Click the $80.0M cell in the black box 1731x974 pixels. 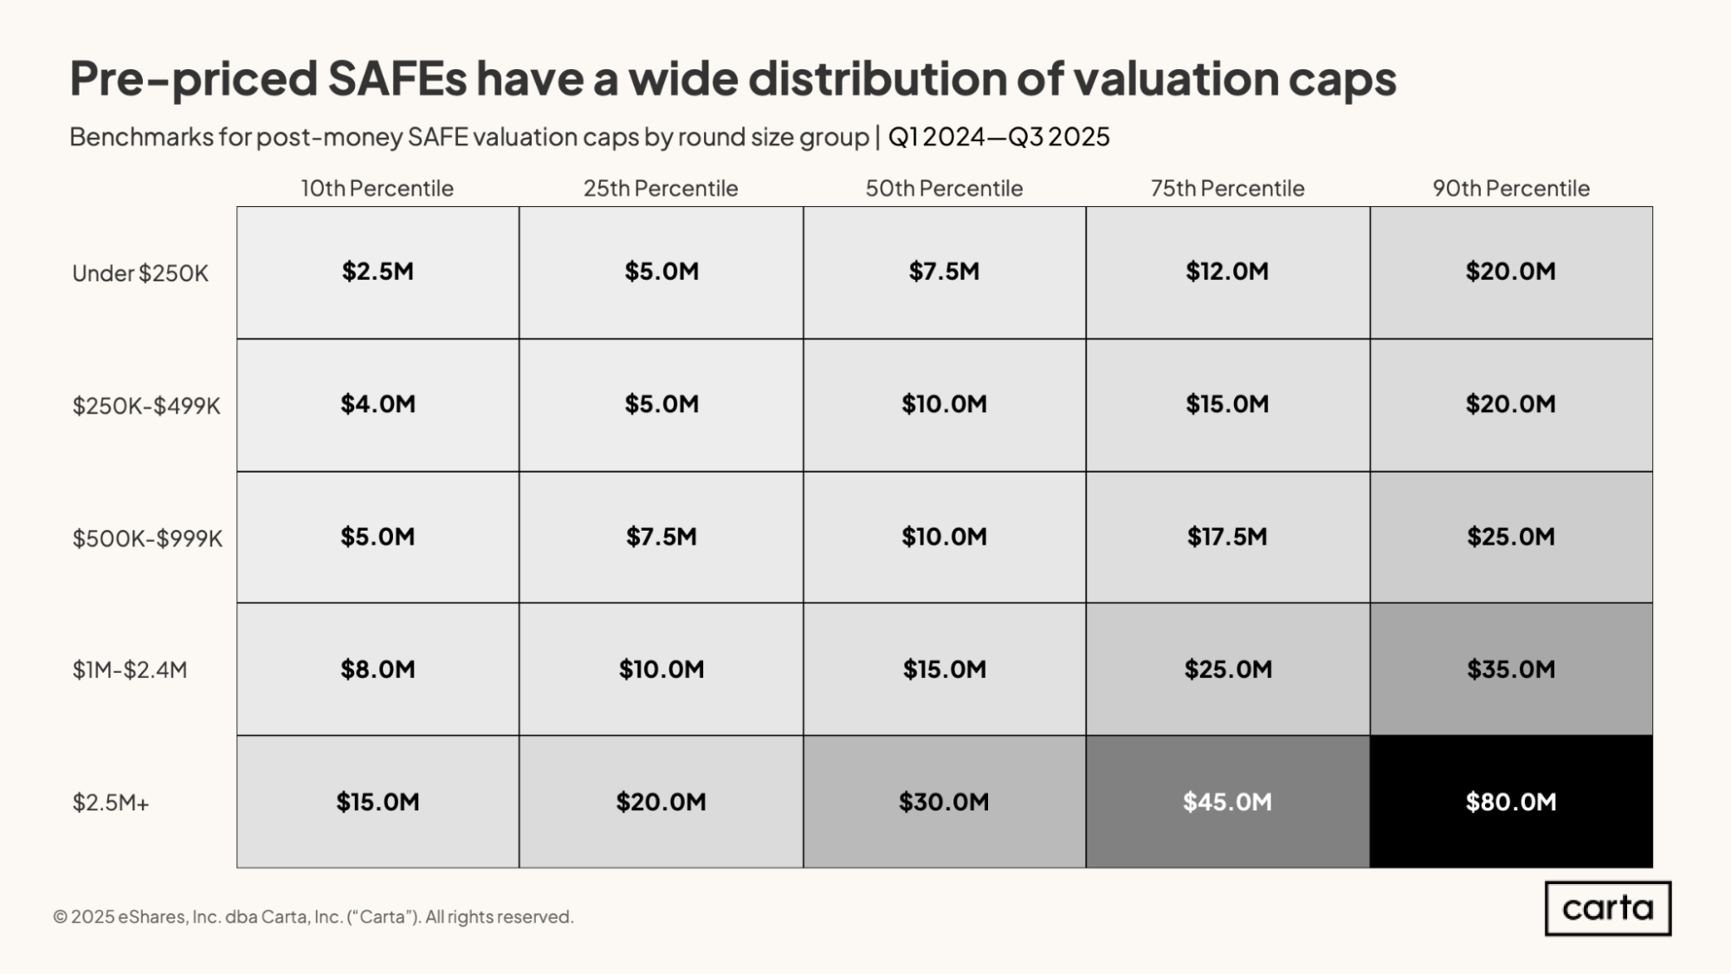[1511, 802]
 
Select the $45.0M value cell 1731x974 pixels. [1228, 802]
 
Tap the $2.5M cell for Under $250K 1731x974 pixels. [378, 272]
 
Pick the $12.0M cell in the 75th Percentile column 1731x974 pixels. [1228, 272]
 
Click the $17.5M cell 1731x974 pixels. [1228, 537]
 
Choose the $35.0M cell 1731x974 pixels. [1511, 669]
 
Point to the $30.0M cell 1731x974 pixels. [944, 802]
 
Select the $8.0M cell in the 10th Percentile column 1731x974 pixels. [378, 669]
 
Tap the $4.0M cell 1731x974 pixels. [378, 404]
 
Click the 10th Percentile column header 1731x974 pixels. [377, 188]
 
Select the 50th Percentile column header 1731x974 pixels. [944, 188]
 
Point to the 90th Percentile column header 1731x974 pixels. [1511, 188]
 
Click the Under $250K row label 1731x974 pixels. [140, 274]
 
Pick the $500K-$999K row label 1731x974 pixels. [147, 539]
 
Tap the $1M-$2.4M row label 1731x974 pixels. [130, 670]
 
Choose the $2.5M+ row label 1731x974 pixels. [111, 803]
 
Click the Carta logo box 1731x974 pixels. [1608, 908]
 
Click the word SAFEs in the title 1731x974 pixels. [397, 78]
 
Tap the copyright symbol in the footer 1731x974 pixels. [60, 917]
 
